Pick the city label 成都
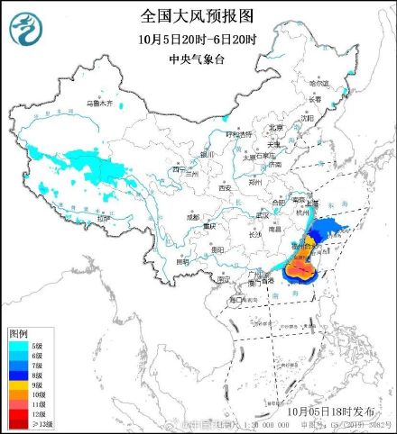tap(193, 217)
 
